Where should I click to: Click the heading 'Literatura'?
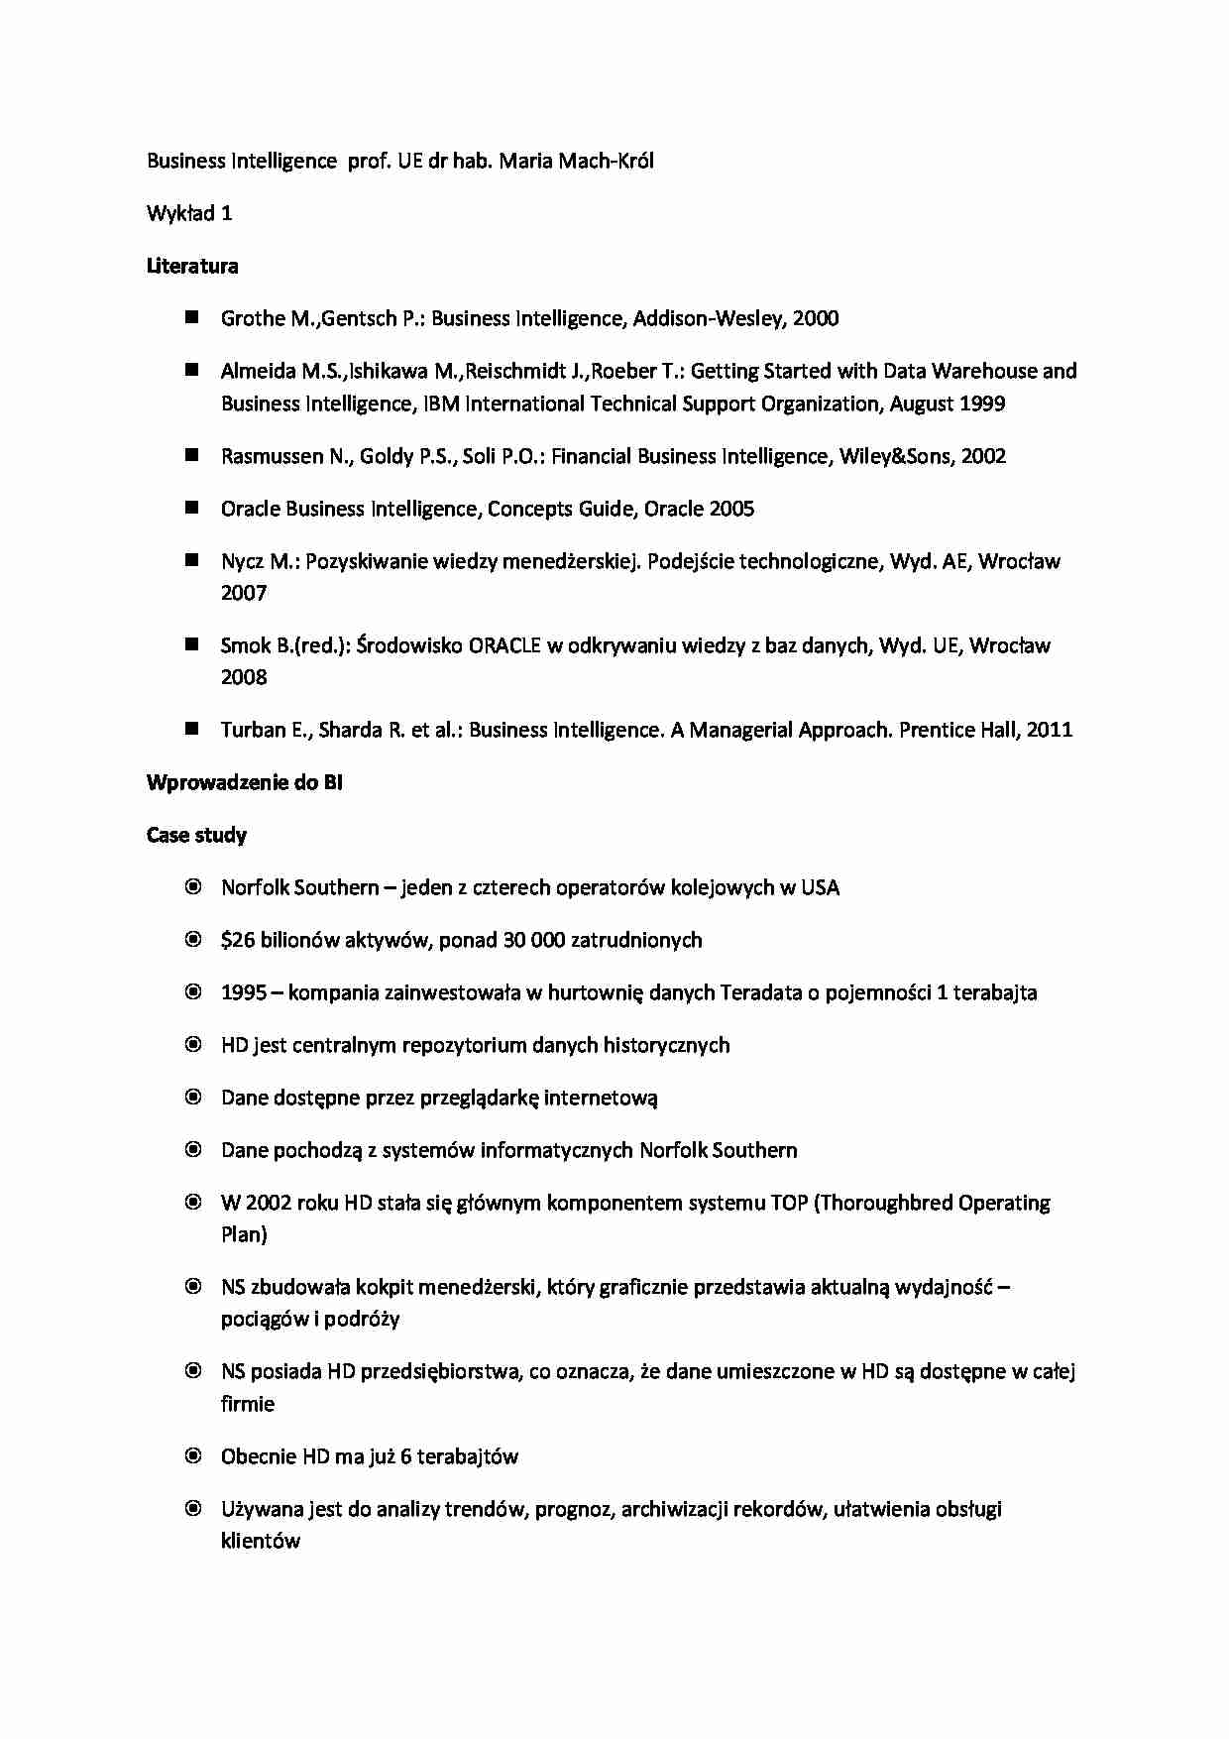(x=191, y=266)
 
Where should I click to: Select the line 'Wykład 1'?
(x=189, y=213)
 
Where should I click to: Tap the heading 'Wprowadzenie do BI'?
(x=244, y=782)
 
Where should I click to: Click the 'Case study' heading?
(x=196, y=835)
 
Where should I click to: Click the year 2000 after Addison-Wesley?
(x=816, y=318)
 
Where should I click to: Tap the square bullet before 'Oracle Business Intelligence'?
(x=192, y=508)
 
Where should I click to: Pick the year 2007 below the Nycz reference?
(x=244, y=593)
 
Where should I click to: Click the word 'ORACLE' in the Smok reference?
(x=504, y=645)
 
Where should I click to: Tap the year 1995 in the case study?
(x=244, y=992)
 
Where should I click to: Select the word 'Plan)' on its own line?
(x=244, y=1234)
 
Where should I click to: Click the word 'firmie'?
(x=248, y=1404)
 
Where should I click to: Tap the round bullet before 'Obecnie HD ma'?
(x=193, y=1455)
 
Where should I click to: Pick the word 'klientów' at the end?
(x=261, y=1541)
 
